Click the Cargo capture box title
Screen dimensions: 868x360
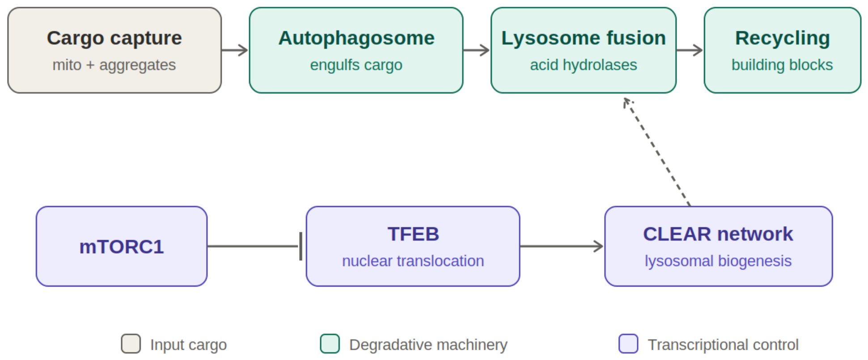pyautogui.click(x=114, y=38)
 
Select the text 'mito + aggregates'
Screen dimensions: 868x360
pyautogui.click(x=114, y=65)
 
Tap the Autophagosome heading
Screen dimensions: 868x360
pyautogui.click(x=356, y=38)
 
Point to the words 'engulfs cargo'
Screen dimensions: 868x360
pyautogui.click(x=356, y=65)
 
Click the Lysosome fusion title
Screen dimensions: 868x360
pyautogui.click(x=584, y=38)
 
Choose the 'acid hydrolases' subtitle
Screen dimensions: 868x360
pyautogui.click(x=584, y=65)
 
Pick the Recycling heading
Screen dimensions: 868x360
pyautogui.click(x=783, y=38)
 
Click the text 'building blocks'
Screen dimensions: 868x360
pyautogui.click(x=782, y=65)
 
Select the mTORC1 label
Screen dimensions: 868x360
pyautogui.click(x=122, y=247)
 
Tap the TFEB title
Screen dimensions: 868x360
pyautogui.click(x=413, y=234)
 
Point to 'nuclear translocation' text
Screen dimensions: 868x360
pyautogui.click(x=413, y=261)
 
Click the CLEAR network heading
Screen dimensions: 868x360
pyautogui.click(x=718, y=234)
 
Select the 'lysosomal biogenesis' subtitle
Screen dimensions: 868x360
pyautogui.click(x=718, y=261)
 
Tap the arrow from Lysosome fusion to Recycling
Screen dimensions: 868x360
pyautogui.click(x=690, y=50)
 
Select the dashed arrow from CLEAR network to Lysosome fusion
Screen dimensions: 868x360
pyautogui.click(x=657, y=152)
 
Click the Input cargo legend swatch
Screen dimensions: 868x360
pyautogui.click(x=131, y=344)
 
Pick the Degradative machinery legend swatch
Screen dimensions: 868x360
pyautogui.click(x=330, y=344)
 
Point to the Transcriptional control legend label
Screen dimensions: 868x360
pyautogui.click(x=723, y=345)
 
